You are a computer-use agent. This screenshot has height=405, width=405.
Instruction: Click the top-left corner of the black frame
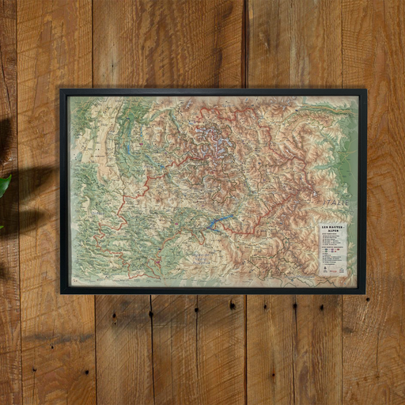click(x=62, y=90)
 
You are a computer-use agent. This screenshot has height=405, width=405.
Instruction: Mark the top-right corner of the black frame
click(x=365, y=90)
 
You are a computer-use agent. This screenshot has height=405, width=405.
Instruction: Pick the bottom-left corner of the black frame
click(x=62, y=292)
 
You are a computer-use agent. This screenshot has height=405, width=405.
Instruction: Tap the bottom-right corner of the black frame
click(x=365, y=292)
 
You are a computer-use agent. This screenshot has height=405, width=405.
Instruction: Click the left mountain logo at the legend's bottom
click(x=324, y=271)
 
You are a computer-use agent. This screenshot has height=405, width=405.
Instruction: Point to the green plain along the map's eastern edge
click(x=348, y=158)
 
